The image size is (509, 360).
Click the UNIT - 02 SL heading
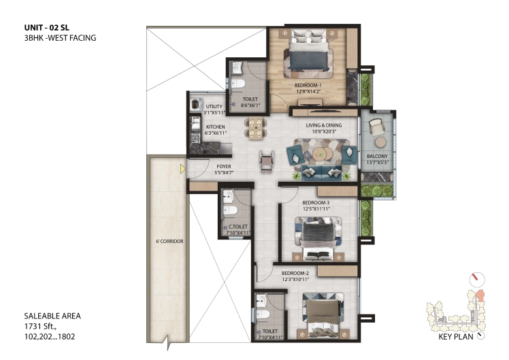click(x=47, y=28)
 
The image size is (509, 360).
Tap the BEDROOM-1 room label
click(x=308, y=85)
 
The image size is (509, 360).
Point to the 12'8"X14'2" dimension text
click(x=308, y=92)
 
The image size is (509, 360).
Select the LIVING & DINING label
click(x=324, y=125)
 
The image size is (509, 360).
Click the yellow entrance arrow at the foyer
click(x=183, y=169)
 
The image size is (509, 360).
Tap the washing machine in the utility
click(x=196, y=104)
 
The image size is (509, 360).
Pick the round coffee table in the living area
click(x=321, y=152)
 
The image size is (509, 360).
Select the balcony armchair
click(x=376, y=127)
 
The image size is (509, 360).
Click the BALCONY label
click(x=377, y=156)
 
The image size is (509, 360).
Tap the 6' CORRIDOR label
click(x=169, y=241)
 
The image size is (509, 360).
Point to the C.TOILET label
click(x=238, y=227)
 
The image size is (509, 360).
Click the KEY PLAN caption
click(x=456, y=337)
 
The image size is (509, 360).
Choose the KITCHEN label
click(x=215, y=127)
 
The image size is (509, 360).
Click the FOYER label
click(x=224, y=167)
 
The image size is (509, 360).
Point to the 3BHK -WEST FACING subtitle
click(x=60, y=38)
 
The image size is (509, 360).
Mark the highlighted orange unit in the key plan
click(x=480, y=295)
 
